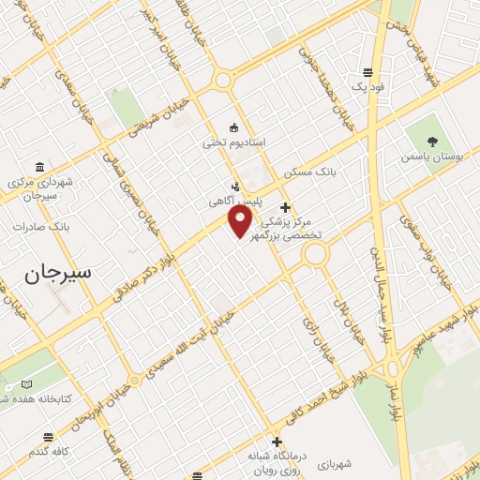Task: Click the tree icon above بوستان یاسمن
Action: (x=432, y=139)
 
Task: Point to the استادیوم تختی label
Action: (x=234, y=142)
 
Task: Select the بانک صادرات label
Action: (x=43, y=227)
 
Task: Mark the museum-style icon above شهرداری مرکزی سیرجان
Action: (x=38, y=166)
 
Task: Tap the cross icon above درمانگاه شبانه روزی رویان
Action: (x=277, y=442)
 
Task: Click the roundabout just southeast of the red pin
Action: (x=314, y=254)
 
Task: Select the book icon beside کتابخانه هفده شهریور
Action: (x=26, y=384)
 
